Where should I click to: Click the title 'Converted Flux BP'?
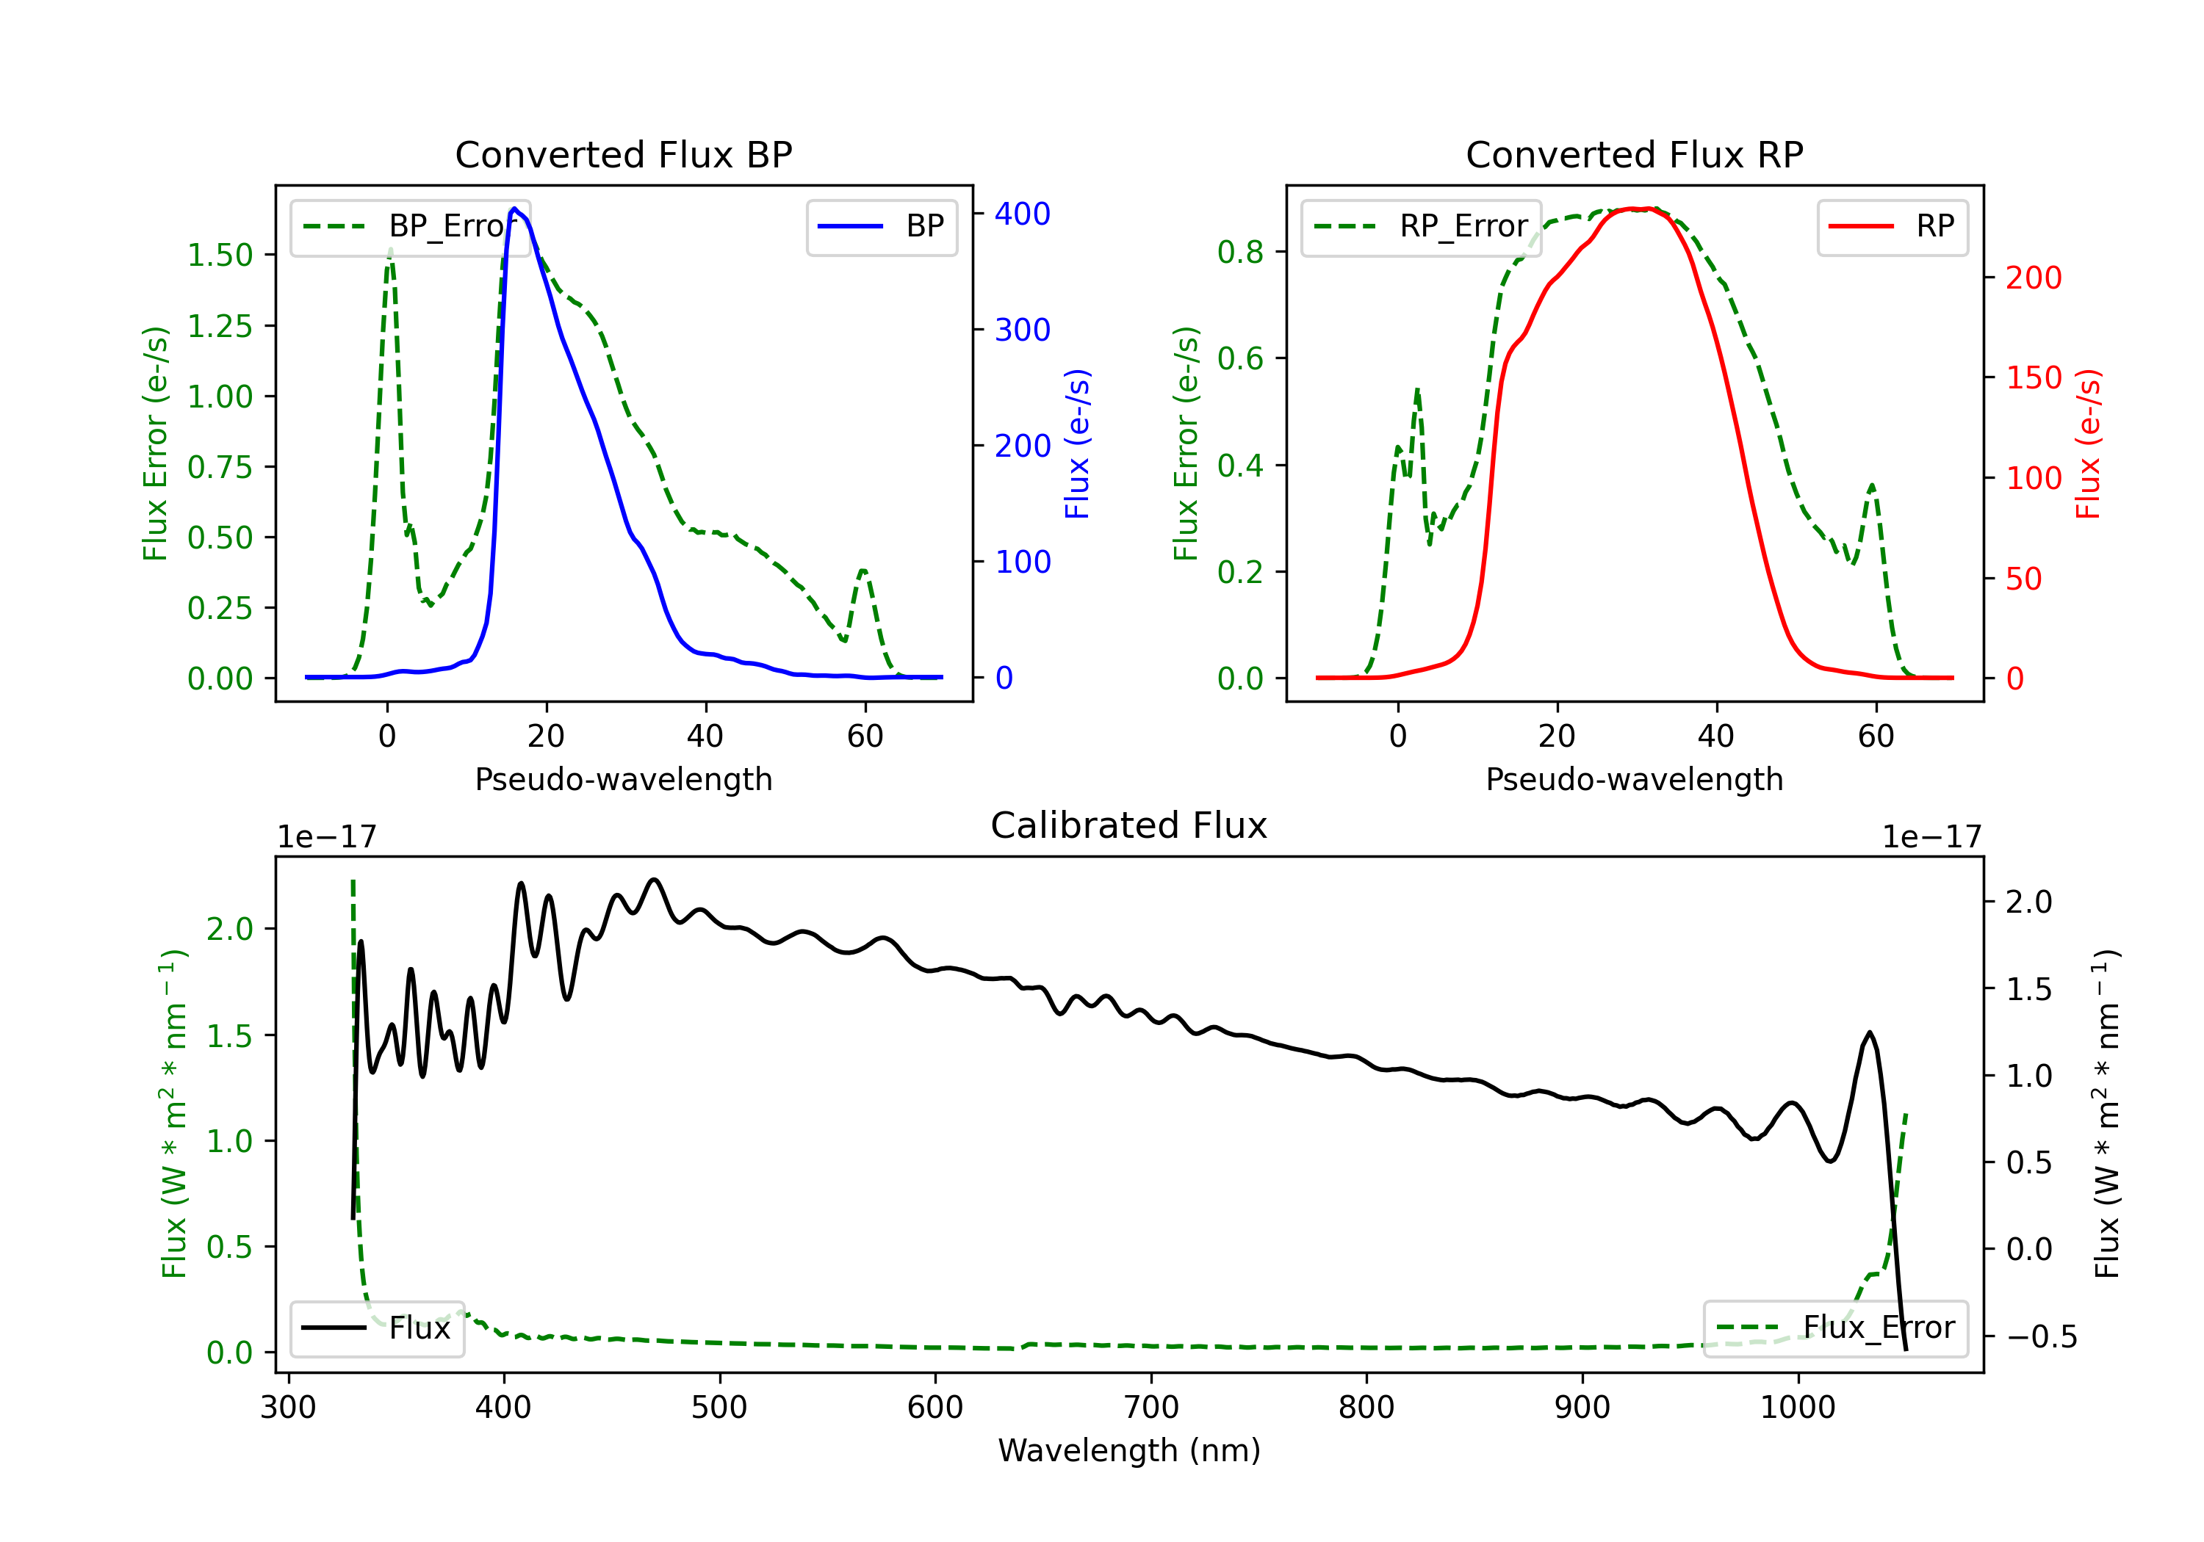[623, 154]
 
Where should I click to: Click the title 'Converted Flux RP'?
[1634, 154]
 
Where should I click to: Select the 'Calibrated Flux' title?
[1129, 825]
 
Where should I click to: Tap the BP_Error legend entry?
[410, 226]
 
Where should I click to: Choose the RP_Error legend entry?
[1421, 226]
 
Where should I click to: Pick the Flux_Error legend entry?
[1835, 1328]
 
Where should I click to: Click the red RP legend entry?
[1892, 226]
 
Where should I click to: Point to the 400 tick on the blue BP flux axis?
[1023, 213]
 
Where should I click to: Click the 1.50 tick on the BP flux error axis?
[220, 256]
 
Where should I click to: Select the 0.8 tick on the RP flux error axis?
[1240, 253]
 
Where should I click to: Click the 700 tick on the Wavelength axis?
[1151, 1408]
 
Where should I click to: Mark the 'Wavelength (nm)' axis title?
[1129, 1450]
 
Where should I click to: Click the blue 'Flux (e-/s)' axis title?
[1078, 444]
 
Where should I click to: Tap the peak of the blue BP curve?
[514, 209]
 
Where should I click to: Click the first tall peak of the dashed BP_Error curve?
[389, 251]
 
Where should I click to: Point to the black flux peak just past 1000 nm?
[1869, 1032]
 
